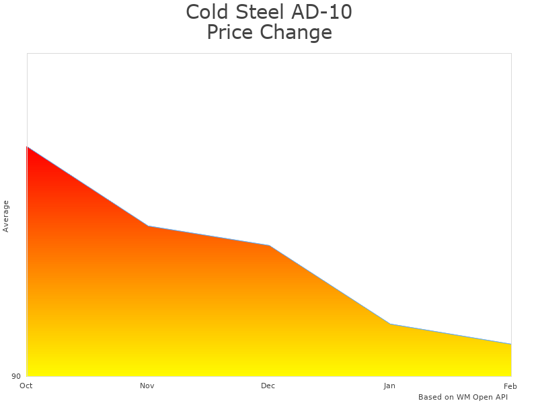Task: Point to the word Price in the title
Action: coord(231,32)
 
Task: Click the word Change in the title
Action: coord(297,32)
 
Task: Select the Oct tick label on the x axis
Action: coord(26,386)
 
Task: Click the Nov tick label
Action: coord(147,386)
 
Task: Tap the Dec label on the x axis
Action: coord(268,386)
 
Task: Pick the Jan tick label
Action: coord(389,386)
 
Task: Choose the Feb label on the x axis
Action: coord(510,386)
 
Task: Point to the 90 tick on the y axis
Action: coord(16,376)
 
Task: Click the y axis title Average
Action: coord(6,216)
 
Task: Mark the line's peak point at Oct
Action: coord(27,146)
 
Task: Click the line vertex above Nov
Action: coord(148,226)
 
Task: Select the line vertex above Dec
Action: coord(269,245)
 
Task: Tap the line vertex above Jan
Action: coord(390,324)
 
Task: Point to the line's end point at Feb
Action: coord(511,344)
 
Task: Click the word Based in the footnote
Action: coord(430,397)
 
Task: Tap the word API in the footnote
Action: coord(500,397)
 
